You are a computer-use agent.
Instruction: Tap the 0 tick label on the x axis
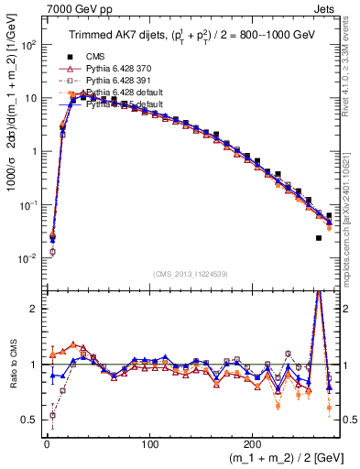click(x=46, y=442)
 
